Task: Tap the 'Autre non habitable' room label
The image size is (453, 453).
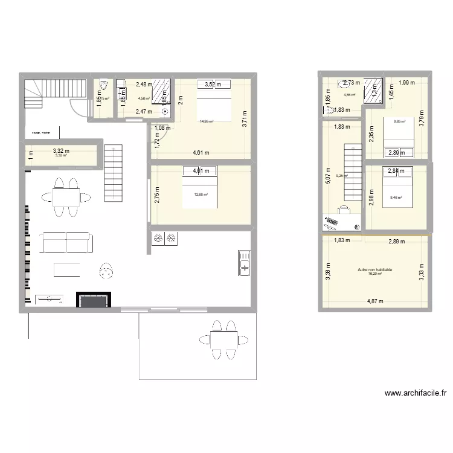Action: click(x=374, y=269)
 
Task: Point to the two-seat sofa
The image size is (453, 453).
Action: click(x=66, y=242)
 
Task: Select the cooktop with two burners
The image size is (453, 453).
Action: click(x=164, y=239)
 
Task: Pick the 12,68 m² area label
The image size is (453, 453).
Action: click(x=201, y=194)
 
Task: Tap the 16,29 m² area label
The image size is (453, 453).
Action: click(x=374, y=274)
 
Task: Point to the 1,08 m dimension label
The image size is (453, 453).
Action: click(x=162, y=127)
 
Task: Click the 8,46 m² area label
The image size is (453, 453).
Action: click(x=397, y=197)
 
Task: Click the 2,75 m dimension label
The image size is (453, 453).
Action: click(x=157, y=193)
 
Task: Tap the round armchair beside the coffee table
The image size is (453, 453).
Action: click(x=107, y=270)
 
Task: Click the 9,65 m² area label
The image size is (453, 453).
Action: click(x=400, y=121)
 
